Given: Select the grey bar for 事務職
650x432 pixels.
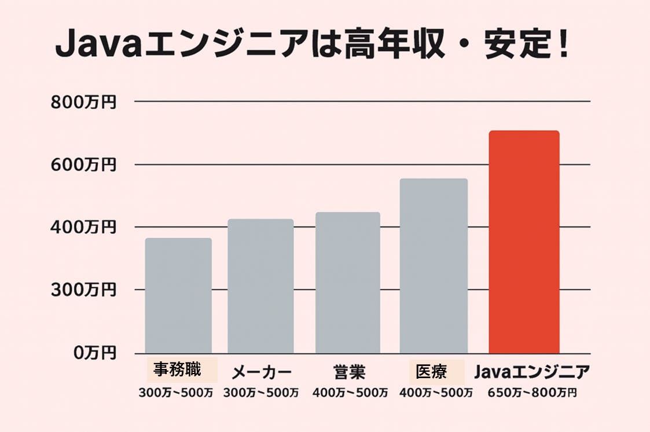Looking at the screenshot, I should (178, 295).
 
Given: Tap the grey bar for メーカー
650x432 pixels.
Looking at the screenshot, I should (260, 286).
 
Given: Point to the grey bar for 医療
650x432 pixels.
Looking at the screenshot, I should (434, 266).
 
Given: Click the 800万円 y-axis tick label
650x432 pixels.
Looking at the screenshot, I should (83, 102).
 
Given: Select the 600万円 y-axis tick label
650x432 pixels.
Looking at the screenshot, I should (83, 165).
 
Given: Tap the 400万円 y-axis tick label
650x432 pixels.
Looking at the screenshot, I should (83, 228).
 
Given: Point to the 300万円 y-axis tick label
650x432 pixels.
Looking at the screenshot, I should (83, 290).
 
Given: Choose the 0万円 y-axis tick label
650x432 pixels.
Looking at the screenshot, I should (94, 353).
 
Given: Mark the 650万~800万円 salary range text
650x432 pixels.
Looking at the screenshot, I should (532, 393).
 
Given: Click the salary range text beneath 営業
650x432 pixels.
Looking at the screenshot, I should (350, 393).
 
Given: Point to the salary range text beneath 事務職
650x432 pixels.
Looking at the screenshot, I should (175, 393).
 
